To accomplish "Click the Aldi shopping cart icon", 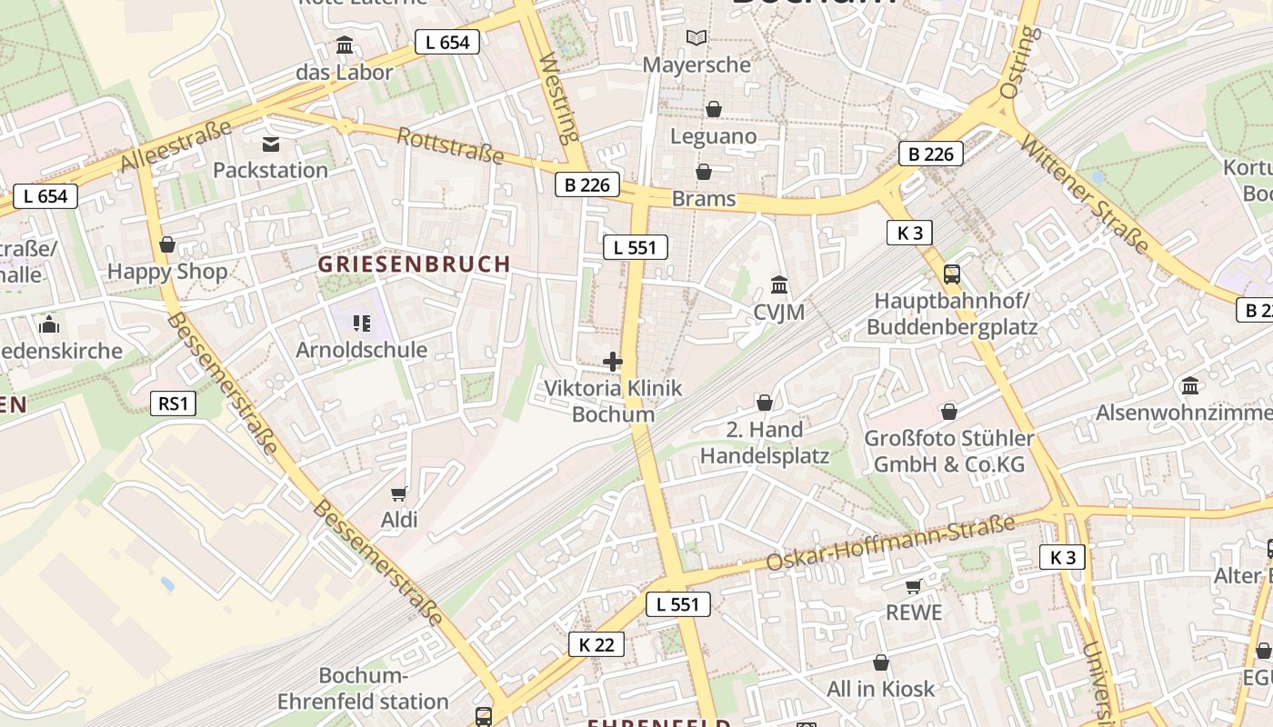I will click(x=398, y=493).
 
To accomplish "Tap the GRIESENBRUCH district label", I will click(x=414, y=264).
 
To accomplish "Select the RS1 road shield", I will click(x=173, y=403).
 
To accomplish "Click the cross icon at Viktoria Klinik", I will click(x=613, y=362).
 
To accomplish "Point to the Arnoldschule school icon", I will click(x=362, y=324).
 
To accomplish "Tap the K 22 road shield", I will click(x=596, y=644).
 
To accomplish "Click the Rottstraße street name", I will click(x=451, y=145).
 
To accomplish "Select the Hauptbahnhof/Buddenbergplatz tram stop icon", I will click(x=952, y=274).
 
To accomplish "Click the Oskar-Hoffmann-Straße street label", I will click(x=890, y=543).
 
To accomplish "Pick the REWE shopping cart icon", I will click(x=913, y=587).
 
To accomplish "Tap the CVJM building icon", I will click(x=779, y=286).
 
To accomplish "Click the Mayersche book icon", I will click(x=697, y=38).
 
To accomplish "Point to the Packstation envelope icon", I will click(x=270, y=144).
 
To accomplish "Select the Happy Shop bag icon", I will click(x=166, y=245).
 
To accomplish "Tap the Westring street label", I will click(x=559, y=99).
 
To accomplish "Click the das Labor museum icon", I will click(x=345, y=45).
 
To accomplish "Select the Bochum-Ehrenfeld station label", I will click(x=363, y=689).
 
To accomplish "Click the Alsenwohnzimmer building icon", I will click(x=1190, y=386).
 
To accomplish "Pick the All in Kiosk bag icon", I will click(x=880, y=663).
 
